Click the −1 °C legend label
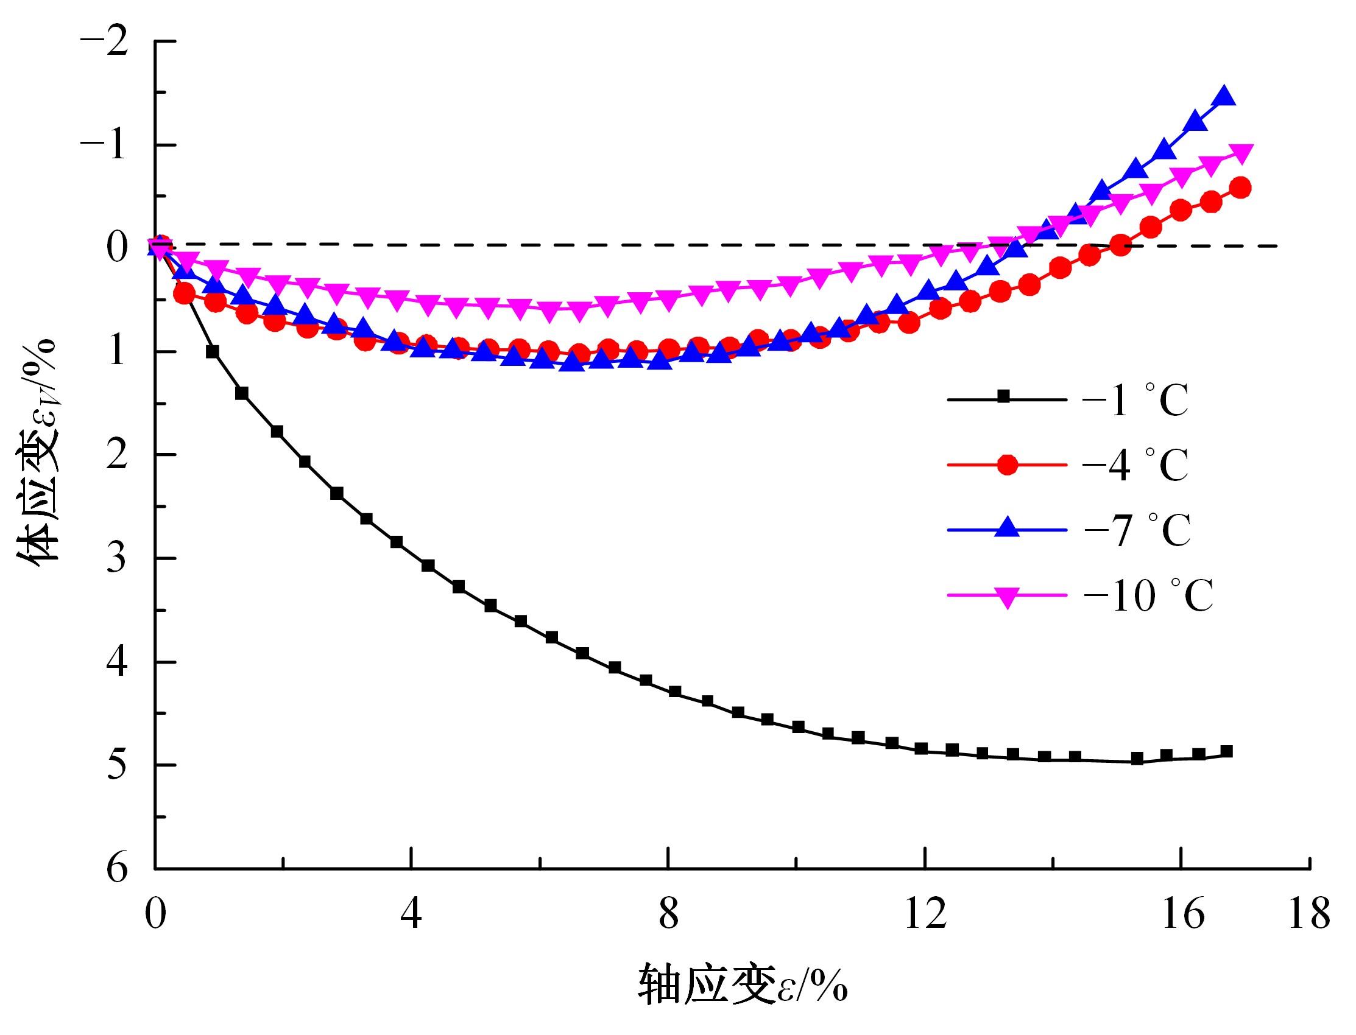click(1134, 401)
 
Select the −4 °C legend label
click(1134, 465)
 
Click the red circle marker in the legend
click(1007, 465)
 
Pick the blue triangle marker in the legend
click(1007, 528)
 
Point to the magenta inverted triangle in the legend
click(1007, 597)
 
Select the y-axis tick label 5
click(117, 765)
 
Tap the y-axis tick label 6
click(117, 869)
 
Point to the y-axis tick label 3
click(117, 558)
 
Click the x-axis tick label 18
click(1309, 914)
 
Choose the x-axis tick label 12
click(925, 914)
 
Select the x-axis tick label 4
click(411, 914)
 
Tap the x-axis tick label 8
click(668, 914)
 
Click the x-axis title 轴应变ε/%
click(742, 984)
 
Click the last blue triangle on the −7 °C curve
click(1224, 97)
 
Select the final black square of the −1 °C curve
click(1227, 751)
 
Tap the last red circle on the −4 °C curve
click(1241, 188)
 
